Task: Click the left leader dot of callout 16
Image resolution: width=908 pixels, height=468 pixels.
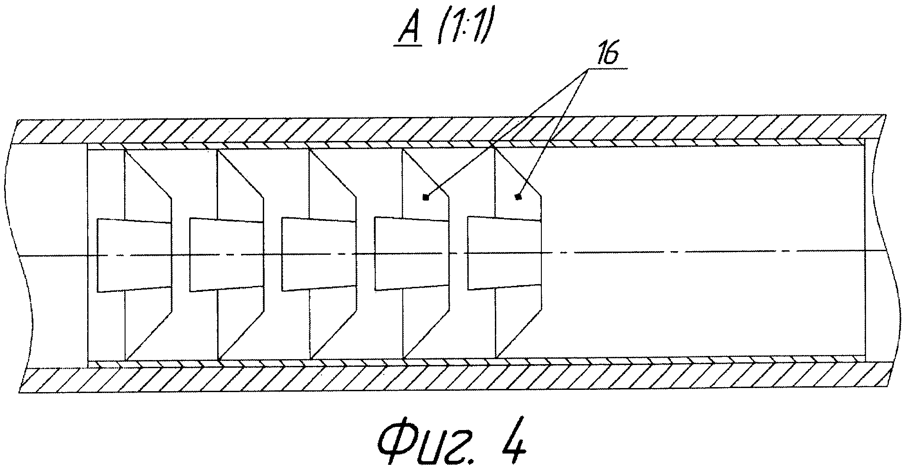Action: [425, 197]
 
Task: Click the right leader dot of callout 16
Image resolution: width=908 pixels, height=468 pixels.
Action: [518, 197]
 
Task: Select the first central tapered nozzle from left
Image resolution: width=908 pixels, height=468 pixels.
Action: [134, 255]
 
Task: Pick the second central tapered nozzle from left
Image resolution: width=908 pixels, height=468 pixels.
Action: [226, 255]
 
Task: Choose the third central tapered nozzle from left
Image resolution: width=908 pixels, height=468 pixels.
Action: [319, 255]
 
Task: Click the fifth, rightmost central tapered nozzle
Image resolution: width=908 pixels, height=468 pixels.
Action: [504, 254]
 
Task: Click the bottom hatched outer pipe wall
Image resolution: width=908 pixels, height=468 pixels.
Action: [452, 380]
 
